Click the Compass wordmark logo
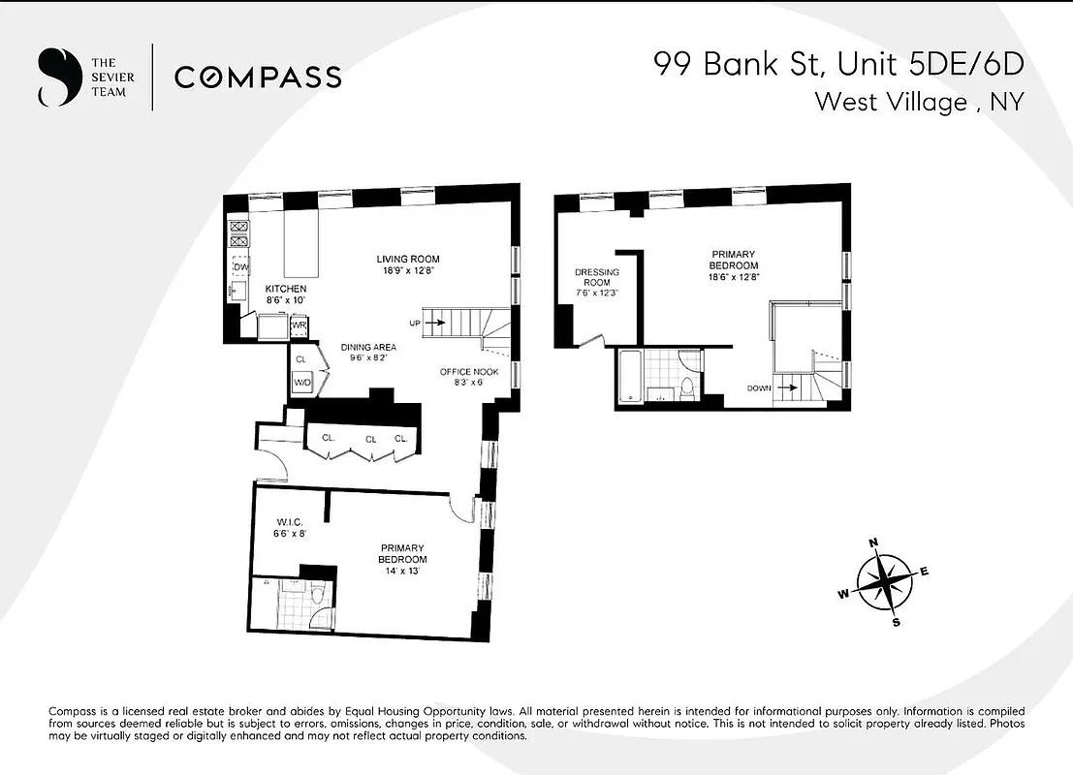point(257,77)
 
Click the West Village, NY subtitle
point(918,101)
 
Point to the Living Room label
point(408,259)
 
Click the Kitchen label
point(286,289)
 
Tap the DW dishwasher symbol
point(238,266)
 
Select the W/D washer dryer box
point(302,383)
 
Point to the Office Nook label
point(468,372)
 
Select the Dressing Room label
point(591,277)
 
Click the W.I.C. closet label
point(290,523)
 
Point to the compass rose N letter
point(873,543)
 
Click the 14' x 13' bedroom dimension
point(402,572)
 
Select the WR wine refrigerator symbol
point(299,325)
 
